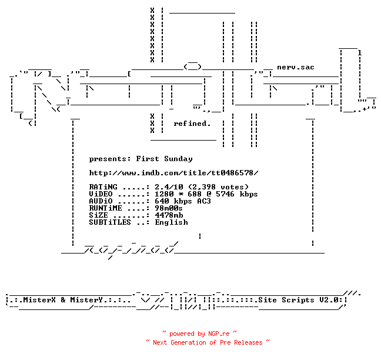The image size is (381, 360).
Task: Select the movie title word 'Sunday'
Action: click(x=178, y=159)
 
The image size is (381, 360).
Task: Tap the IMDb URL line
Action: click(x=173, y=173)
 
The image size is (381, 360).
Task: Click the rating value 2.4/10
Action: click(x=169, y=187)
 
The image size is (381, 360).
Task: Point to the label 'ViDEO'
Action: click(x=101, y=194)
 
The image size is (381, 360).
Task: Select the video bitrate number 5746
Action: click(x=225, y=194)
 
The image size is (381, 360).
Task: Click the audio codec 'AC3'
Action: click(x=204, y=201)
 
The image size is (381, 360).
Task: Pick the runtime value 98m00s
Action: click(x=169, y=208)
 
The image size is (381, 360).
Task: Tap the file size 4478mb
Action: click(x=169, y=215)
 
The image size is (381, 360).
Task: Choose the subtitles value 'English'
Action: click(x=171, y=222)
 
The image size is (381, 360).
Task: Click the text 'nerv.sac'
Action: click(x=296, y=67)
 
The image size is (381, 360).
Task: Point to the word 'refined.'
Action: click(x=192, y=124)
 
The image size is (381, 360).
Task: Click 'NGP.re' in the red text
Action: click(x=219, y=334)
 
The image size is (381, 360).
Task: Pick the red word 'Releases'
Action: click(x=248, y=342)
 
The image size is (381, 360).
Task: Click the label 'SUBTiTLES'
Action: click(x=110, y=222)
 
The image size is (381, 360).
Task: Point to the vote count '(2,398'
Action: click(x=202, y=187)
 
